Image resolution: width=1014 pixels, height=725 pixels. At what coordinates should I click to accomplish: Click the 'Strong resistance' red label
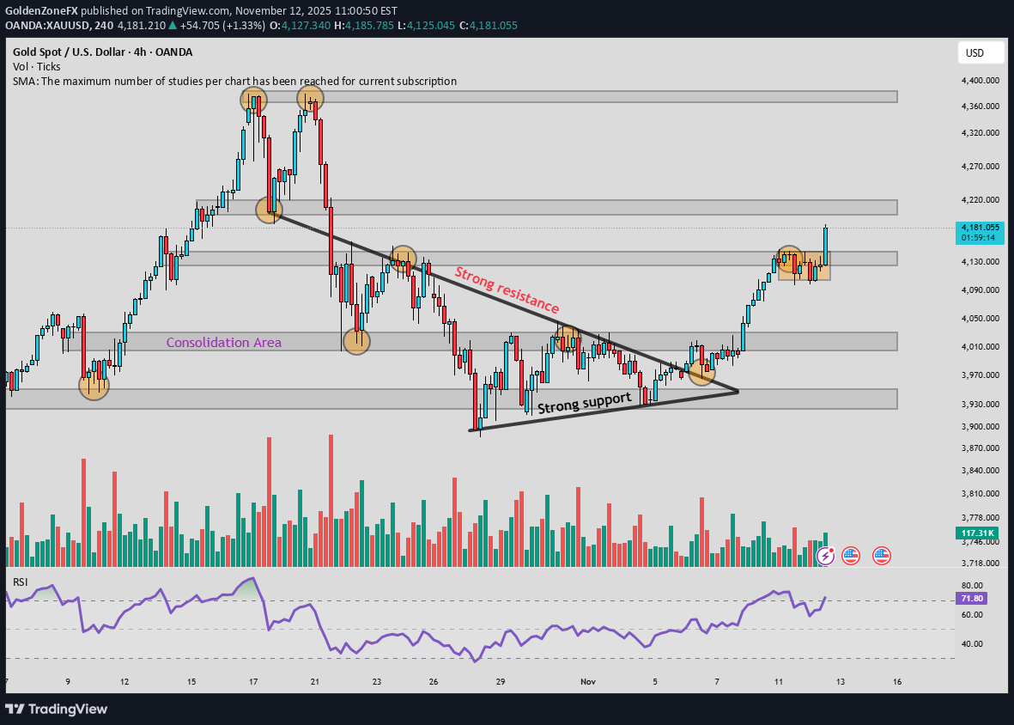tap(507, 290)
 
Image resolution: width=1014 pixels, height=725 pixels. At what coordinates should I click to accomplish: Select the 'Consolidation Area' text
tap(223, 342)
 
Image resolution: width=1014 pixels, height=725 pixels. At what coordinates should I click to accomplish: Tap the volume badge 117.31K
tap(977, 533)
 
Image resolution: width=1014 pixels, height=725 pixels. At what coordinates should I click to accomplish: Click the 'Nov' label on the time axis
tap(588, 681)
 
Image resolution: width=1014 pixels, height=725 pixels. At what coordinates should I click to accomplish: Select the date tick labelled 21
tap(315, 681)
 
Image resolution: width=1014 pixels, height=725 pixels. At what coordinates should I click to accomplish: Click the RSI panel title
tap(21, 582)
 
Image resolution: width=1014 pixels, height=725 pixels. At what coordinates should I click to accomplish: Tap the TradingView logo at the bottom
tap(57, 709)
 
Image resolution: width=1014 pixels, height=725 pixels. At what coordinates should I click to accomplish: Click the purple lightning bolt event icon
tap(825, 556)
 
